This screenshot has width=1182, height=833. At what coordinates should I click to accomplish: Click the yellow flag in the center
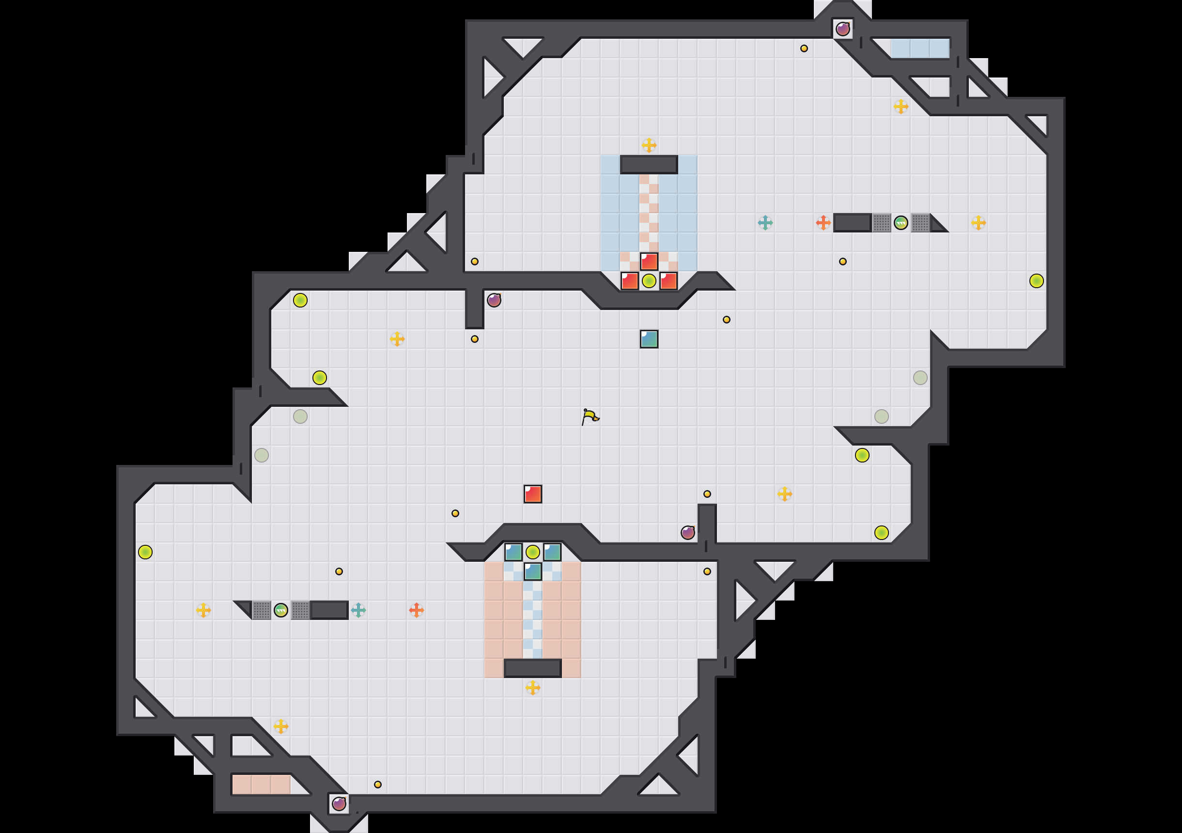[x=590, y=416]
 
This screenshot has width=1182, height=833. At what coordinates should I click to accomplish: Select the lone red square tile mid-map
[x=533, y=494]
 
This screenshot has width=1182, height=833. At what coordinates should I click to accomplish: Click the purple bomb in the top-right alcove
[x=843, y=30]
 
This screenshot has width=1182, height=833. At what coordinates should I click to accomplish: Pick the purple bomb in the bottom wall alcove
[x=339, y=803]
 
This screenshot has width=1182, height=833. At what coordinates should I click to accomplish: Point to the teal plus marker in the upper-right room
[x=765, y=223]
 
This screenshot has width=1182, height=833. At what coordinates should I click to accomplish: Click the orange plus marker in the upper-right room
[x=823, y=223]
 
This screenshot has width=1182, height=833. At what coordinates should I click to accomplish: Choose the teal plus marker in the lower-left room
[x=358, y=610]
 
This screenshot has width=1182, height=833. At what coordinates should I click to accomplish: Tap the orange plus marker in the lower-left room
[x=417, y=610]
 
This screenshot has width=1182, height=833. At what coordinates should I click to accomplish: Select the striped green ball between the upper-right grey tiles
[x=901, y=223]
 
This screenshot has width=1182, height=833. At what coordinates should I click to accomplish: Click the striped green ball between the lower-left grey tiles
[x=281, y=610]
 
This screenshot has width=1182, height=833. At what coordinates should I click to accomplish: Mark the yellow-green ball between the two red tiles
[x=649, y=281]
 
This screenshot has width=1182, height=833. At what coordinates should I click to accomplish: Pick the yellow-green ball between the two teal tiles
[x=533, y=553]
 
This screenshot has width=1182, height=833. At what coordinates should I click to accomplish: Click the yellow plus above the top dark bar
[x=649, y=145]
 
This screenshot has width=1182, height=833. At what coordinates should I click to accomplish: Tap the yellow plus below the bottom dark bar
[x=533, y=687]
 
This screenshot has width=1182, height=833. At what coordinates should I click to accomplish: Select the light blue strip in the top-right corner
[x=920, y=48]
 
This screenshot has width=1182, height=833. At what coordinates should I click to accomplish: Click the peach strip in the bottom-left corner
[x=262, y=785]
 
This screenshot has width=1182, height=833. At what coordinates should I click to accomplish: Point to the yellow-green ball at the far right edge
[x=1036, y=281]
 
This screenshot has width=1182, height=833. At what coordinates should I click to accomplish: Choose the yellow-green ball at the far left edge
[x=145, y=553]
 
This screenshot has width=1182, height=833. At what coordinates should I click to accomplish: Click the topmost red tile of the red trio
[x=649, y=262]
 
